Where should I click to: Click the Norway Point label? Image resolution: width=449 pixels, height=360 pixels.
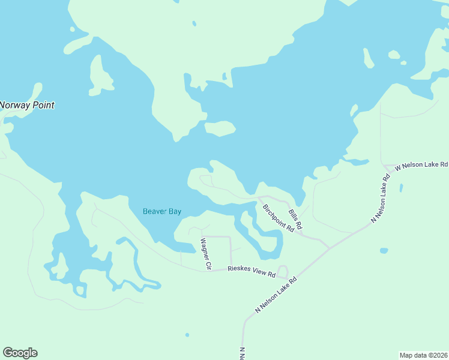tap(27, 105)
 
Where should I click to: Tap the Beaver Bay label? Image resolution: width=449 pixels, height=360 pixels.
tap(162, 211)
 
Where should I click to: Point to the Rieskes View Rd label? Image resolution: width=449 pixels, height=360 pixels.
tap(252, 272)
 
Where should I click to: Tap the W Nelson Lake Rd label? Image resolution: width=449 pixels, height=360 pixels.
tap(421, 164)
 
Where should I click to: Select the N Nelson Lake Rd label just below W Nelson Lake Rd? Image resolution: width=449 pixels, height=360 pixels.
tap(381, 199)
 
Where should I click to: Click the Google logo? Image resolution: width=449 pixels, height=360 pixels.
tap(20, 353)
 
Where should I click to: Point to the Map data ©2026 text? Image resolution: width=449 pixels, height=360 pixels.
tap(424, 355)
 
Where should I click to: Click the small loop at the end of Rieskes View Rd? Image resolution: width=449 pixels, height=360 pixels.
tap(282, 272)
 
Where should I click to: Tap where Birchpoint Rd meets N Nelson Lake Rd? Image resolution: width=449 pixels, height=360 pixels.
tap(328, 247)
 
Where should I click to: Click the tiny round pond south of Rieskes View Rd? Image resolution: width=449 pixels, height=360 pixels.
tap(187, 335)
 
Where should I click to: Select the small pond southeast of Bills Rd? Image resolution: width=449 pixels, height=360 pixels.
tap(384, 250)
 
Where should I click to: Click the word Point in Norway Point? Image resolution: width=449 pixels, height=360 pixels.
tap(43, 105)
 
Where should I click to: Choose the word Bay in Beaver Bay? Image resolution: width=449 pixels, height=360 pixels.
tap(175, 211)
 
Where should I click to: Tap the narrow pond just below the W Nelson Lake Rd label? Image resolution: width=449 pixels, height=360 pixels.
tap(401, 188)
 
